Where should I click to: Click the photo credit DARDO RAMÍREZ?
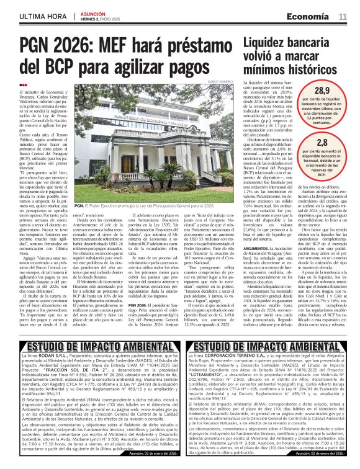pyautogui.click(x=222, y=81)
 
